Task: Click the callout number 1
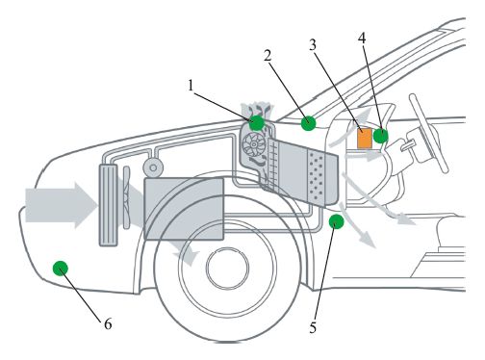pos(191,86)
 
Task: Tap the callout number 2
pos(268,56)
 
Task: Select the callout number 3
pos(313,45)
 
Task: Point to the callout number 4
pos(362,39)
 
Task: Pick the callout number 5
pos(313,327)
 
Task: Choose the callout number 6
pos(108,324)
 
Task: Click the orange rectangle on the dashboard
pos(365,138)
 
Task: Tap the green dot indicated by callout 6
pos(61,269)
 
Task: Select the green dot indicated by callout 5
pos(336,221)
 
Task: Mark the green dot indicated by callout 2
pos(308,123)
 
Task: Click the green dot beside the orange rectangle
pos(381,136)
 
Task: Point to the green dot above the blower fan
pos(257,122)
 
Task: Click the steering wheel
pos(428,133)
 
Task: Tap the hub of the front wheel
pos(228,267)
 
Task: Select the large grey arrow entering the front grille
pos(61,205)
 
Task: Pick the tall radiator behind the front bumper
pos(109,205)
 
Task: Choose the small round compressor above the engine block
pos(153,167)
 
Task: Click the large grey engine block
pos(184,209)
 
